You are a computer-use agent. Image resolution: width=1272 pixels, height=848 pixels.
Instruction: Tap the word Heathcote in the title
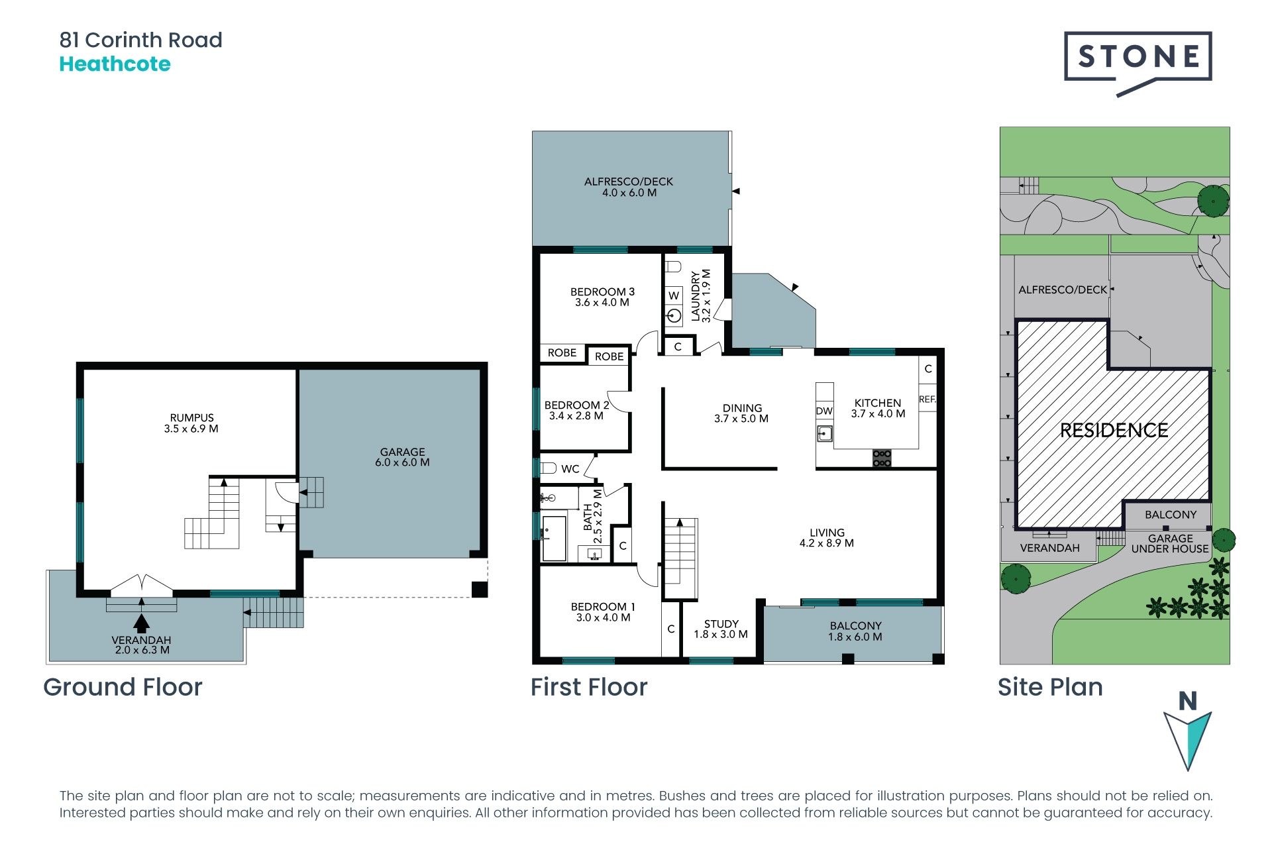[x=115, y=64]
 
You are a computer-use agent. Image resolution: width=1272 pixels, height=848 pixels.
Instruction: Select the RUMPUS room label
[x=191, y=423]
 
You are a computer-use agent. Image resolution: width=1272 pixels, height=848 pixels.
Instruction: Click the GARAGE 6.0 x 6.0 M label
[x=402, y=457]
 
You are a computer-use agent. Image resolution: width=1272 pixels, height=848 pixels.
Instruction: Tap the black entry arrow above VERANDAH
[x=141, y=623]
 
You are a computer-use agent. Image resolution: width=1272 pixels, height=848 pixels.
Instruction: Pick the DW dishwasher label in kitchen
[x=824, y=411]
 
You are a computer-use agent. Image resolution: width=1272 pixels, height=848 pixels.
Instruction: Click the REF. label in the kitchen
[x=927, y=399]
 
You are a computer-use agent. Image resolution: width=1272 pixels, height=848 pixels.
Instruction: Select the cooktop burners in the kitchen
[x=882, y=458]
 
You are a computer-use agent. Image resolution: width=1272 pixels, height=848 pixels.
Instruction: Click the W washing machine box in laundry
[x=674, y=295]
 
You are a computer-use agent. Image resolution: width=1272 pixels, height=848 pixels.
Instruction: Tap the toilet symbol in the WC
[x=548, y=468]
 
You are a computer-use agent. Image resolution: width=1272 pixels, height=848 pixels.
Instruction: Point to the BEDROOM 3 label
[x=602, y=297]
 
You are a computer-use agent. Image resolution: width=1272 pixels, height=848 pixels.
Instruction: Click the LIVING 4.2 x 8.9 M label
[x=827, y=538]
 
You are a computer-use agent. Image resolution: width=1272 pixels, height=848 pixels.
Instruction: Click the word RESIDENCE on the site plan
[x=1114, y=431]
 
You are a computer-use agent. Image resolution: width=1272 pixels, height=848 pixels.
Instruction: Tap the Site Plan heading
[x=1050, y=687]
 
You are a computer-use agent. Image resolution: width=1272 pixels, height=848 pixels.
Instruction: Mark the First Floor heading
[x=589, y=687]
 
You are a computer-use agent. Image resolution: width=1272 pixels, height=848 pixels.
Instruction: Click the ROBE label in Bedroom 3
[x=562, y=353]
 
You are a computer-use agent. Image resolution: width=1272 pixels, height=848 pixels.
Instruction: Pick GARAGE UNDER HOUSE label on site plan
[x=1170, y=544]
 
